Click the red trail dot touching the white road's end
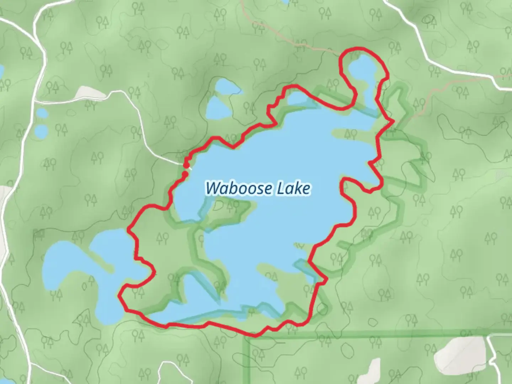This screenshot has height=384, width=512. tap(186, 165)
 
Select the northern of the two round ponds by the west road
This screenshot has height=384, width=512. tap(42, 114)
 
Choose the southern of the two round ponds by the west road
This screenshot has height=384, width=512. tap(42, 132)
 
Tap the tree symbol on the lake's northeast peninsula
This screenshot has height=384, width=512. tap(351, 134)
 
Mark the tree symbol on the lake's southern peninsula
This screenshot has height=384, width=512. tap(271, 276)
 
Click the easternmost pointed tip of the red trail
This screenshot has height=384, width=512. tap(393, 121)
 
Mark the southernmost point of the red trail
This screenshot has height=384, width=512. tap(255, 335)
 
